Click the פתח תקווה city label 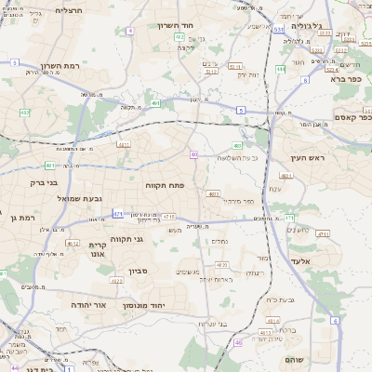click(x=166, y=186)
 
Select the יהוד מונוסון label click(x=169, y=304)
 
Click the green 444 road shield click(x=280, y=69)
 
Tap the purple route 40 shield click(x=193, y=154)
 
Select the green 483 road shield click(x=237, y=145)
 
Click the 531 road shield click(x=278, y=30)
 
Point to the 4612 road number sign click(x=73, y=244)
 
